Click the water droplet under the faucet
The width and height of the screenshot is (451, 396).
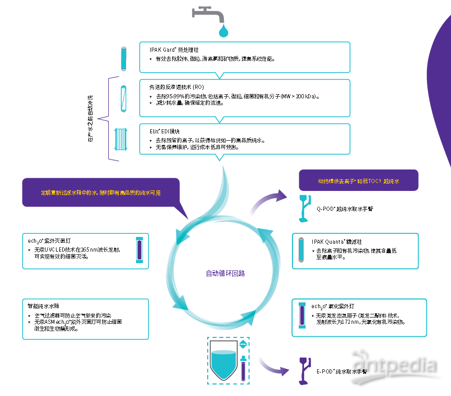pos(224,31)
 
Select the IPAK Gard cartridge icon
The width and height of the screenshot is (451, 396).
pos(123,59)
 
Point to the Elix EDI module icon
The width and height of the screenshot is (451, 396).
pos(121,140)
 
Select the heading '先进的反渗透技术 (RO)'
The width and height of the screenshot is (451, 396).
pos(176,86)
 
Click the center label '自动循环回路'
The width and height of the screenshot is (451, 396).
pos(225,273)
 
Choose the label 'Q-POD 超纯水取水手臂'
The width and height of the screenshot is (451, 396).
pos(345,208)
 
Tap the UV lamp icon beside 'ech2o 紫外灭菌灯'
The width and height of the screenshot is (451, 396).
pos(139,251)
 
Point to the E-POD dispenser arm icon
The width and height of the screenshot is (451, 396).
pos(303,370)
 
